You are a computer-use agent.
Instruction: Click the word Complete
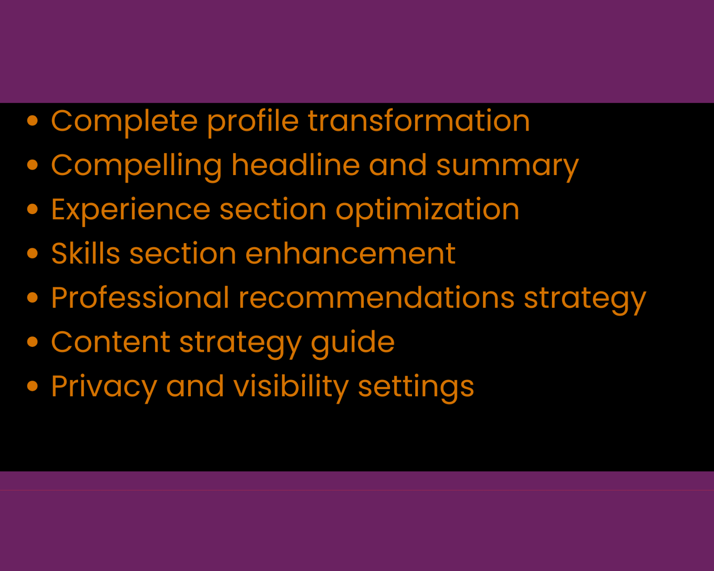tap(124, 121)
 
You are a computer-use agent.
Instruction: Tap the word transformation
tap(419, 121)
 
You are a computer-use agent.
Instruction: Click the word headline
tap(296, 165)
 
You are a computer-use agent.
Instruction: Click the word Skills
tap(86, 254)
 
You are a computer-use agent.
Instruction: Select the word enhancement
tap(350, 254)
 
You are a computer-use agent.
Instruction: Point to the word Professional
tap(140, 298)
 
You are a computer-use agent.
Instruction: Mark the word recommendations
tap(377, 298)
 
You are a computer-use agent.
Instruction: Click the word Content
tap(110, 342)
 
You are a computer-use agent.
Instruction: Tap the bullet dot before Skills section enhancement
tap(32, 254)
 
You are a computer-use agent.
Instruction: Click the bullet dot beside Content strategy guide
tap(32, 342)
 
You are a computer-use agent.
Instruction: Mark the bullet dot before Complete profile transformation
tap(32, 121)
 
